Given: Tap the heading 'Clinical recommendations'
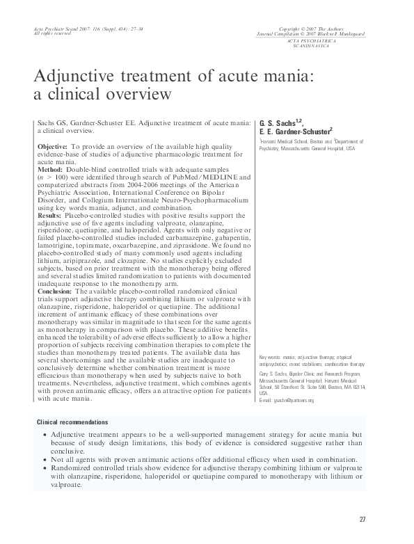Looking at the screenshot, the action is pyautogui.click(x=72, y=422).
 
